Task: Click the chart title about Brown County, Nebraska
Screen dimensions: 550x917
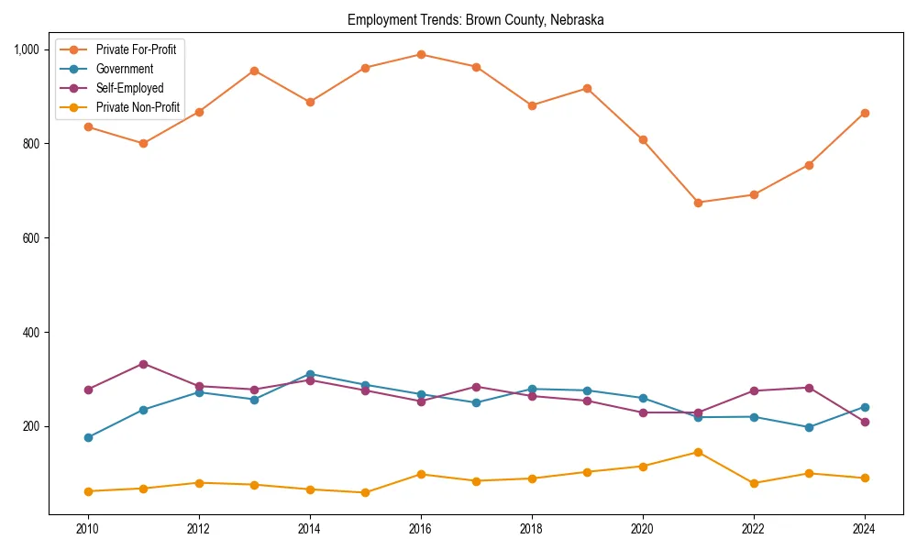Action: coord(475,19)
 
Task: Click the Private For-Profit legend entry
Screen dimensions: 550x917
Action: coord(136,49)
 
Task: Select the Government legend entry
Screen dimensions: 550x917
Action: coord(124,69)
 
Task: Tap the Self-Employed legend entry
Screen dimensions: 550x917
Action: coord(129,89)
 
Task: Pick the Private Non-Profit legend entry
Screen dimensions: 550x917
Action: coord(138,108)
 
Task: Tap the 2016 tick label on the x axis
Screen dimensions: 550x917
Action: coord(421,528)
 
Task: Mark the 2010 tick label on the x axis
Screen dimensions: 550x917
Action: coord(88,528)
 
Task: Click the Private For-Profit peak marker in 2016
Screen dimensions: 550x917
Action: coord(421,54)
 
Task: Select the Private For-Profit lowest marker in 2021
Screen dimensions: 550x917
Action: coord(698,203)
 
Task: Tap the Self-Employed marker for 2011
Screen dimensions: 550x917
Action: coord(143,364)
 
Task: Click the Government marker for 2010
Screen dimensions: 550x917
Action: coord(88,437)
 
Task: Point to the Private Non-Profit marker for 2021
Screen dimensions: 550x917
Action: coord(698,452)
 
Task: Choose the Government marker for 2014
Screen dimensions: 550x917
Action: coord(310,374)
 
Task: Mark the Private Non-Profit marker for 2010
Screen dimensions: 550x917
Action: coord(88,491)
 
